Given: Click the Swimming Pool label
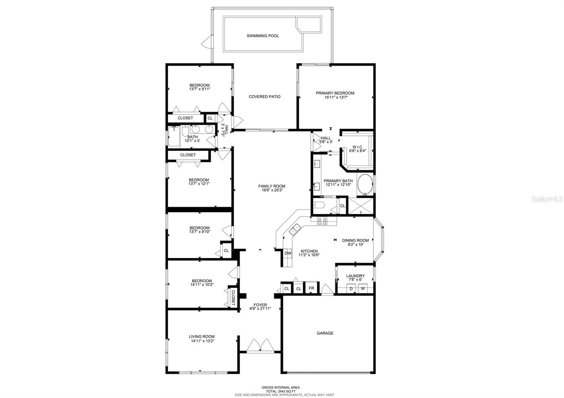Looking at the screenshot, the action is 263,36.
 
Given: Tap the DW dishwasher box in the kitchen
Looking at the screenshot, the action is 288,253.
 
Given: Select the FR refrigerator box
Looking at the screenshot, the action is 312,288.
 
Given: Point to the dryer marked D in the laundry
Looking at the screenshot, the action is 351,288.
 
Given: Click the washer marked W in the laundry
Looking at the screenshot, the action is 363,288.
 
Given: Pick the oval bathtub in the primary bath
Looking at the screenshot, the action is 365,184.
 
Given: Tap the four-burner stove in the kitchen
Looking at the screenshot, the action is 322,221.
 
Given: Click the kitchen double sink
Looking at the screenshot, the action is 295,229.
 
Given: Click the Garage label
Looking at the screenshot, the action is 325,333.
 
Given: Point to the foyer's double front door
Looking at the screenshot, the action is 260,345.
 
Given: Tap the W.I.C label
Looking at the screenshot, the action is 357,147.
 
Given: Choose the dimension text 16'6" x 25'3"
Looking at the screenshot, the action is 272,190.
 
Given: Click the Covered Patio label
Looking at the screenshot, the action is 264,97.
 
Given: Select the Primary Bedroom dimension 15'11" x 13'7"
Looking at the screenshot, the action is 336,97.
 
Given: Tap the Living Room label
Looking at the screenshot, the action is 202,337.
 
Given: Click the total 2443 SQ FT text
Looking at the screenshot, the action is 281,391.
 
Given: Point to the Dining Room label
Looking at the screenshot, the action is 355,241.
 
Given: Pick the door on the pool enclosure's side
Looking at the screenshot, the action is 207,42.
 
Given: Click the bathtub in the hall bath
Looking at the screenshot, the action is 174,137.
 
